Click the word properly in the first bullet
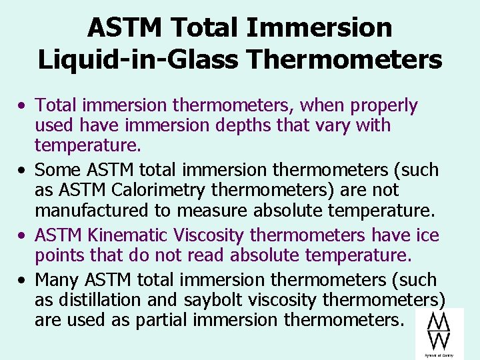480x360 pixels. [x=385, y=105]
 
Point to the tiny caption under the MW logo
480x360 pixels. [x=438, y=355]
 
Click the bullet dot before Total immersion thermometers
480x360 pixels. [x=23, y=106]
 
